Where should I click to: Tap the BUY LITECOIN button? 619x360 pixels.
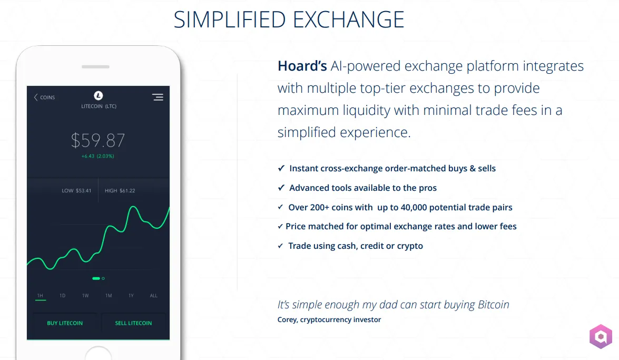click(x=65, y=323)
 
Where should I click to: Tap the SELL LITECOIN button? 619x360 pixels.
click(x=133, y=323)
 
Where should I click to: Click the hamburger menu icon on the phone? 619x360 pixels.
click(x=158, y=97)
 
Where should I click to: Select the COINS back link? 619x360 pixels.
click(x=44, y=97)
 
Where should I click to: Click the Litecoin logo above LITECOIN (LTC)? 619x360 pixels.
click(x=99, y=95)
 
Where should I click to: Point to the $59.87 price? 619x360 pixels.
click(x=98, y=140)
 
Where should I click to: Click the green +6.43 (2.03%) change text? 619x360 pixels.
click(x=98, y=156)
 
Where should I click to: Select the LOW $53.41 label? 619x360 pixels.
click(x=76, y=190)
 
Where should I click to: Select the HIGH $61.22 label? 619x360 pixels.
click(x=120, y=190)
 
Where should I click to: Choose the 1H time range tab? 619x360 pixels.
click(x=40, y=296)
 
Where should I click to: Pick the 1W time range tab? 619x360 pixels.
click(x=85, y=296)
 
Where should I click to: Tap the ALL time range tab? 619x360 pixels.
click(x=154, y=296)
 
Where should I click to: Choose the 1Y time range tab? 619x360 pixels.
click(x=131, y=296)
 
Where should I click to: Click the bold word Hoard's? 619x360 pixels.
click(x=302, y=66)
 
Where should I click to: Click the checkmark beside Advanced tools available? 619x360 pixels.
click(x=281, y=188)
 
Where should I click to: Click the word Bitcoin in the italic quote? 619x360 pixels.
click(x=494, y=305)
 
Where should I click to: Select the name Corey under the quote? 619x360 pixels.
click(x=288, y=320)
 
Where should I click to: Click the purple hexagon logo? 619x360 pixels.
click(x=601, y=337)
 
